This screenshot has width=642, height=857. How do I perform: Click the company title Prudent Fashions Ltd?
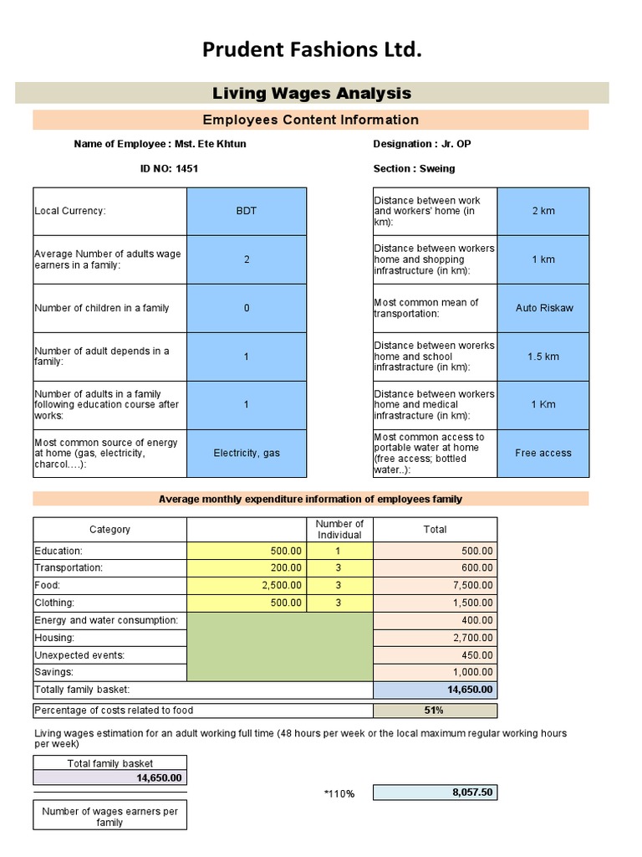(x=312, y=51)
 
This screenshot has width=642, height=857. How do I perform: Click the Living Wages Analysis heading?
(x=312, y=93)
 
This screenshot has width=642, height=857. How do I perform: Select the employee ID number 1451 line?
(x=169, y=168)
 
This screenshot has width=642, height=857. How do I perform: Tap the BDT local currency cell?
(x=247, y=211)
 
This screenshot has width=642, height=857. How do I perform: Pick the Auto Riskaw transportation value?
(x=543, y=308)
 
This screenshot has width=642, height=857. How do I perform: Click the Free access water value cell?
(x=543, y=453)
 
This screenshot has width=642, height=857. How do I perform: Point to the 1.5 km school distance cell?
(x=543, y=357)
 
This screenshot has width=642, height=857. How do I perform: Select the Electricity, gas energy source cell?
(x=247, y=453)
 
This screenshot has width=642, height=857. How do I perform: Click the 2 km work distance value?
(x=543, y=211)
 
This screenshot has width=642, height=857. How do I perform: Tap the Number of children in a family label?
(x=102, y=308)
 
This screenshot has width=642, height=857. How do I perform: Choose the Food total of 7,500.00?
(x=435, y=586)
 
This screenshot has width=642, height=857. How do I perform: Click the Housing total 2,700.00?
(x=435, y=638)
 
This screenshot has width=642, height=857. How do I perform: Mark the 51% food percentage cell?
(x=435, y=711)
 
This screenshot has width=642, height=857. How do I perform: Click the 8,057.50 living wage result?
(x=435, y=793)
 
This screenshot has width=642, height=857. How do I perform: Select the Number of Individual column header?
(x=339, y=529)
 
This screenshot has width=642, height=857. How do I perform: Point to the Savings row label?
(x=54, y=672)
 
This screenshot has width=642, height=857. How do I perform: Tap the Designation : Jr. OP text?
(x=422, y=144)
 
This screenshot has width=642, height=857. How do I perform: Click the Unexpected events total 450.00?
(x=435, y=655)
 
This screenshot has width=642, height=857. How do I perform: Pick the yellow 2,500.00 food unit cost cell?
(x=247, y=586)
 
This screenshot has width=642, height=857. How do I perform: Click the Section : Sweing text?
(x=415, y=168)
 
